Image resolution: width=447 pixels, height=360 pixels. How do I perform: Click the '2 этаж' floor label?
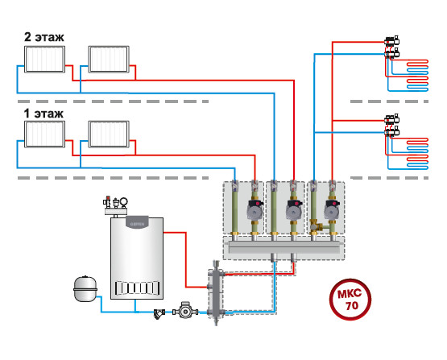(44, 37)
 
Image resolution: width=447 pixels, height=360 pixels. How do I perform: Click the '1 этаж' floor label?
(43, 114)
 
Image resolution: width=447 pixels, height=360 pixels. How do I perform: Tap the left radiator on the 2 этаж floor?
(44, 60)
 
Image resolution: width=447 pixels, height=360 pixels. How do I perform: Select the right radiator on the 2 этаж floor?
(109, 60)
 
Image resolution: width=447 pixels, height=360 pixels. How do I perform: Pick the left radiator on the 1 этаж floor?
(44, 134)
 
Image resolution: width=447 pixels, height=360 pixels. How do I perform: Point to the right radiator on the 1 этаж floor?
(109, 134)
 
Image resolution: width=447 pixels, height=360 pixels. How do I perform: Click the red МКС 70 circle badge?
(350, 300)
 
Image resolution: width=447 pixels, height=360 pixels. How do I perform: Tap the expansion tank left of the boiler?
(85, 288)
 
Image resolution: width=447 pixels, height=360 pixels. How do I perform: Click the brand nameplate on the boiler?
(137, 222)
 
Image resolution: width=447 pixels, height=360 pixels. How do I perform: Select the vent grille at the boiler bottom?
(137, 288)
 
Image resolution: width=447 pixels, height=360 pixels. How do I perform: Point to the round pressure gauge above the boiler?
(124, 202)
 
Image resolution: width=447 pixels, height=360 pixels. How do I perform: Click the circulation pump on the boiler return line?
(185, 310)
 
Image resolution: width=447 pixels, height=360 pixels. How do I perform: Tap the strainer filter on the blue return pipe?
(159, 314)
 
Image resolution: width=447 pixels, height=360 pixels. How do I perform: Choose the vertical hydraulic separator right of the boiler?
(216, 292)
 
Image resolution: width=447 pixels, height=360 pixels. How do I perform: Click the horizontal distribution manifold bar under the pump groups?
(284, 247)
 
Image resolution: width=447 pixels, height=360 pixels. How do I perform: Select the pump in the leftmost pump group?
(255, 209)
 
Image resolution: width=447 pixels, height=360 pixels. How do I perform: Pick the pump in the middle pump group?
(294, 209)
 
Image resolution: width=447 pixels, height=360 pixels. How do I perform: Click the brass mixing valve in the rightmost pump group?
(317, 226)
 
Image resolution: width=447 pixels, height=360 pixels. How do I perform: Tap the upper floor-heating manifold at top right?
(391, 47)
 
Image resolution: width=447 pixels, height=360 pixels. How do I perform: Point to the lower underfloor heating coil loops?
(417, 153)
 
